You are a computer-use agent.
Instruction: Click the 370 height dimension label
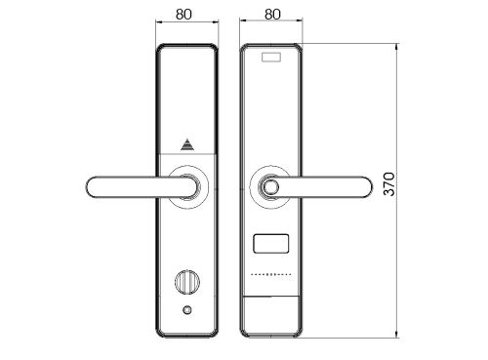(388, 184)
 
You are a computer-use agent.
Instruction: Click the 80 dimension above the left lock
(183, 15)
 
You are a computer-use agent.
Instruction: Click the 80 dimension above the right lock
(272, 15)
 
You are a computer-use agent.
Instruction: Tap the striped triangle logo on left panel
(187, 144)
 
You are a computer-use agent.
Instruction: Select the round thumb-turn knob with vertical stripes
(187, 282)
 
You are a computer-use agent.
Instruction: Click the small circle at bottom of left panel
(187, 310)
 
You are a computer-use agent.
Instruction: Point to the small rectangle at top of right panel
(271, 58)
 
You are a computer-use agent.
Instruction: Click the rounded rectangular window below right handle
(271, 243)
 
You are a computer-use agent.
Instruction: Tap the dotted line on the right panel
(271, 274)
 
